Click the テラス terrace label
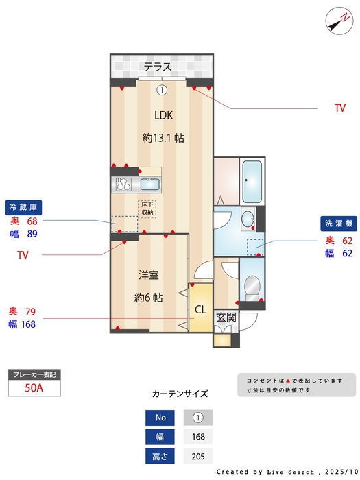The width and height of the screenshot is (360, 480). coord(157,67)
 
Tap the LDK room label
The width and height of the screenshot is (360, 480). coord(163,115)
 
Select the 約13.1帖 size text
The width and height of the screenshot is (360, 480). coord(163,138)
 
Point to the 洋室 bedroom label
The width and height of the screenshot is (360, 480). coord(148,276)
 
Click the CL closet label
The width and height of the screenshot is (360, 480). coord(200,310)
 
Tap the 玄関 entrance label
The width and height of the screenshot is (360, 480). coord(226,317)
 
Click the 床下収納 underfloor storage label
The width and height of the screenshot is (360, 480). coord(147,208)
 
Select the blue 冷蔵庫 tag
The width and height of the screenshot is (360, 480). coord(25,207)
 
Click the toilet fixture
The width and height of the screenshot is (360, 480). coord(252,286)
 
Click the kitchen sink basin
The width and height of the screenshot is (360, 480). coord(149,184)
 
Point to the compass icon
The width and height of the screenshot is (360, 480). coord(337,20)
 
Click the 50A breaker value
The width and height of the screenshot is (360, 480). coord(34,388)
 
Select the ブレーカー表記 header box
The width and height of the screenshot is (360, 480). coord(34,374)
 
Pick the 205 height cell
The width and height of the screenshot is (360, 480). coord(198,456)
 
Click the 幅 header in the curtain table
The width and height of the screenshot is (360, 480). coord(160,437)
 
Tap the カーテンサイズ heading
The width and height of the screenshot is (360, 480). coord(179,394)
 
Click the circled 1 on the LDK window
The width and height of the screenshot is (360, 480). coord(161,90)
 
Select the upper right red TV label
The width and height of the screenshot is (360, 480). coord(339,108)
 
